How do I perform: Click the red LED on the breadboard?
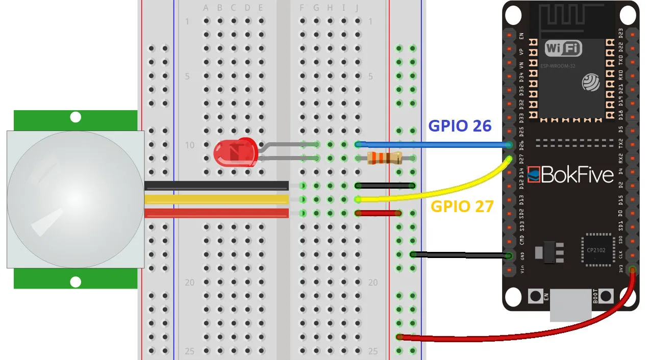click(234, 152)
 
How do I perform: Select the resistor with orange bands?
click(384, 158)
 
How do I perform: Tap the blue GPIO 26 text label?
click(460, 126)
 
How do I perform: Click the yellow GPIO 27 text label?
click(462, 207)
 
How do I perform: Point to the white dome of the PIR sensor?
click(75, 199)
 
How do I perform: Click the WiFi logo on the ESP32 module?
click(563, 48)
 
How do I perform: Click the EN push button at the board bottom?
click(535, 296)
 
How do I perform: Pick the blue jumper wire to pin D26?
click(434, 145)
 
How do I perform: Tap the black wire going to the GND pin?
click(459, 254)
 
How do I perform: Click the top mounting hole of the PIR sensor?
click(76, 117)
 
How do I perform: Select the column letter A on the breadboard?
click(206, 8)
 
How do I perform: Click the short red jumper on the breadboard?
click(378, 213)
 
